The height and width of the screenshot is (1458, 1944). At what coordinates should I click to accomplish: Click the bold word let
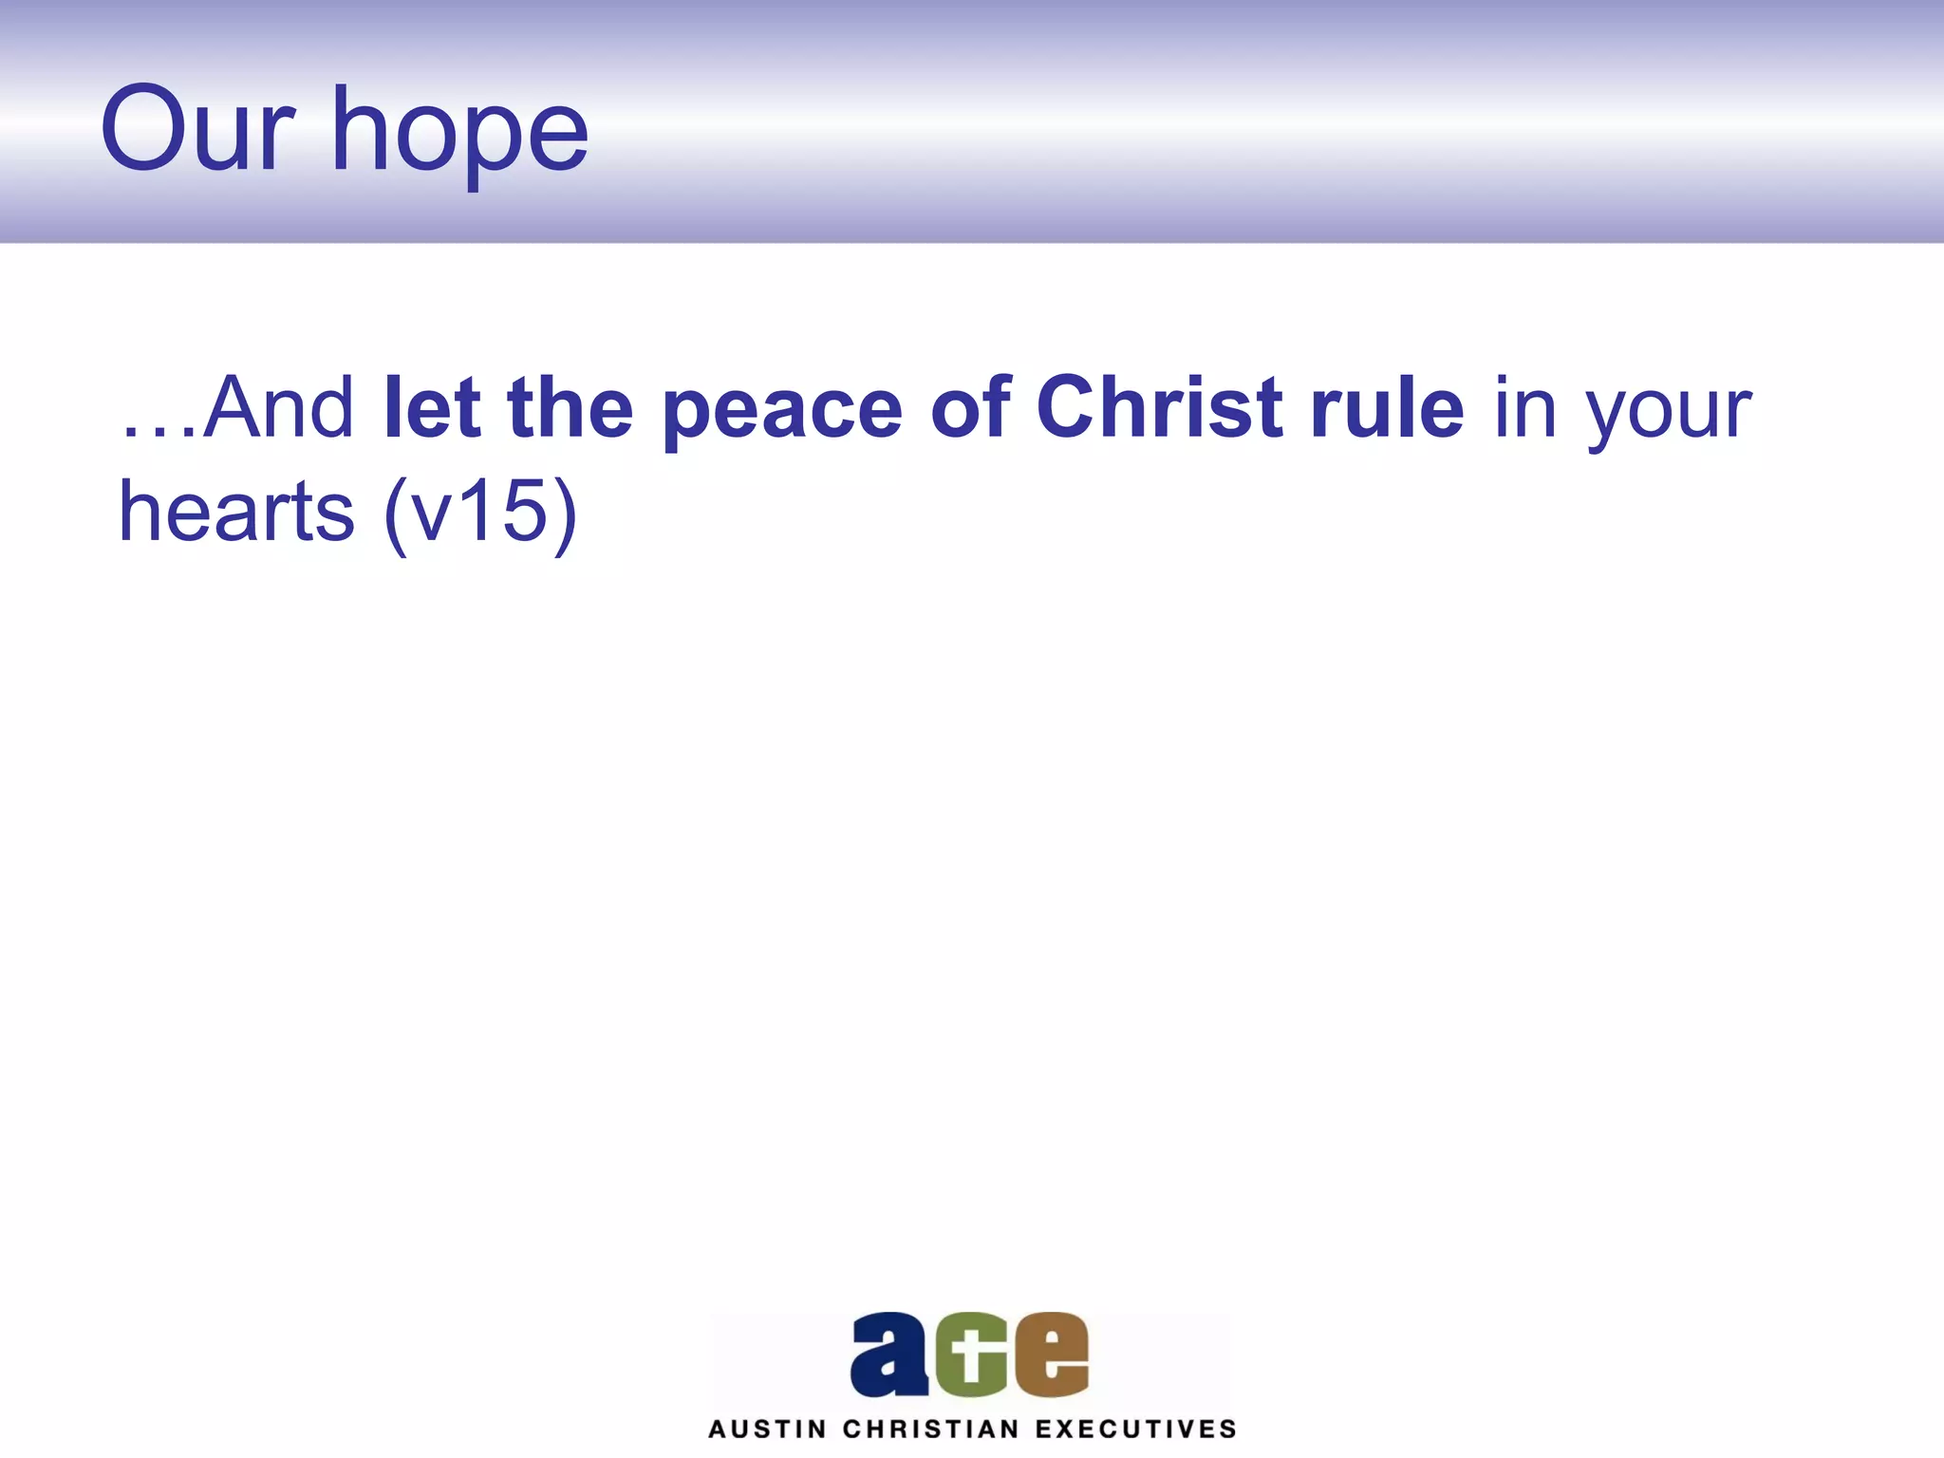point(432,408)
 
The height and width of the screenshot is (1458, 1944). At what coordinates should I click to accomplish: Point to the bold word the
point(570,408)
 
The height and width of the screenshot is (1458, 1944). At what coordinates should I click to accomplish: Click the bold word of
point(970,408)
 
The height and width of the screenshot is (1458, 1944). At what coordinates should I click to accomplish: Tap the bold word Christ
point(1160,408)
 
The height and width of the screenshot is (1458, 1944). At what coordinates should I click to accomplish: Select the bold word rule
point(1388,408)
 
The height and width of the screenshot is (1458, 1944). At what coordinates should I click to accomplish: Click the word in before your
point(1525,408)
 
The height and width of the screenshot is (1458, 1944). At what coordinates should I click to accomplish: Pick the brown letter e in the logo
point(1052,1355)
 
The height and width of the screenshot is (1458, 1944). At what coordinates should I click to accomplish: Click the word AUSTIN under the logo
point(767,1430)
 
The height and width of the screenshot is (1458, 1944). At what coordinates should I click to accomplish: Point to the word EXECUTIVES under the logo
point(1136,1430)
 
